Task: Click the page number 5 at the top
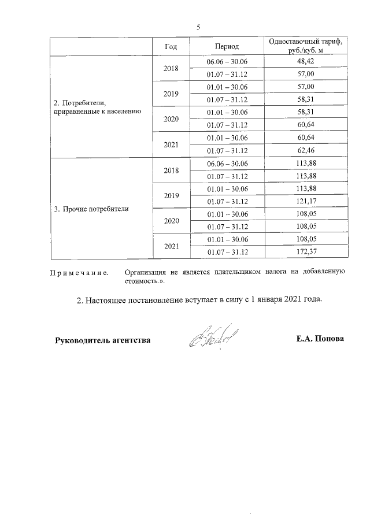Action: (198, 27)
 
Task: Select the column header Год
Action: (171, 46)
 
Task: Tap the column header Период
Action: (227, 46)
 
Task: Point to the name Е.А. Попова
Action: (320, 339)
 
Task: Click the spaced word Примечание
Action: (81, 272)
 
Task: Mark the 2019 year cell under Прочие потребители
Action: (171, 196)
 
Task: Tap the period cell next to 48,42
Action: (227, 61)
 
